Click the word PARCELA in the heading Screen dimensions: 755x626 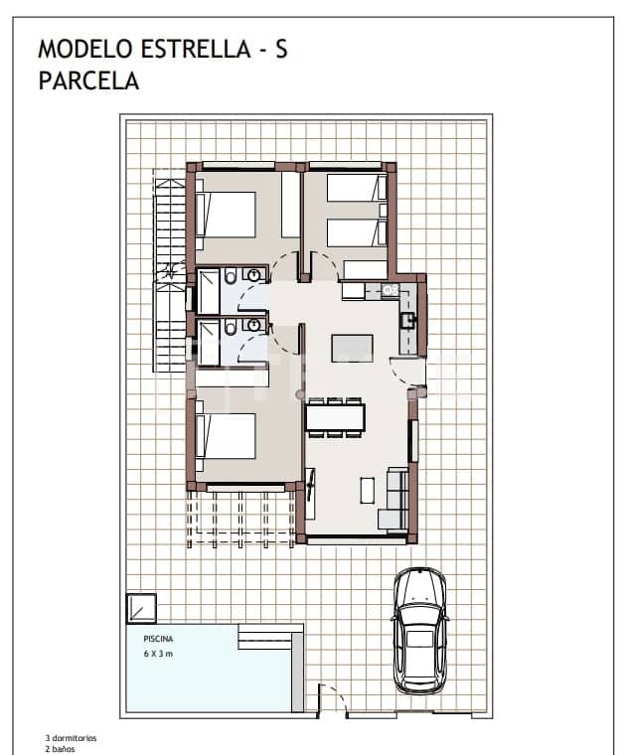pyautogui.click(x=88, y=81)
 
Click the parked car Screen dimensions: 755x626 pyautogui.click(x=419, y=631)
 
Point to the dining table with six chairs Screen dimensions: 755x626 pyautogui.click(x=335, y=416)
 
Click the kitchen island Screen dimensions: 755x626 pyautogui.click(x=352, y=348)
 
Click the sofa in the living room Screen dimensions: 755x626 pyautogui.click(x=395, y=498)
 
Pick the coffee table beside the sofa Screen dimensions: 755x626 pyautogui.click(x=367, y=491)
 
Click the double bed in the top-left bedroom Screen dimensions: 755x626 pyautogui.click(x=227, y=214)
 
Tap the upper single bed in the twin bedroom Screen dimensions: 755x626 pyautogui.click(x=356, y=187)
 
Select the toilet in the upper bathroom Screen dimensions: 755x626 pyautogui.click(x=230, y=275)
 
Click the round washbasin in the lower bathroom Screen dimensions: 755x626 pyautogui.click(x=254, y=324)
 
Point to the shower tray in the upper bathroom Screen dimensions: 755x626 pyautogui.click(x=210, y=291)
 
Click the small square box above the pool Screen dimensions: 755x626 pyautogui.click(x=141, y=607)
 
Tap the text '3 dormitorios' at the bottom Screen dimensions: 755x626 pyautogui.click(x=71, y=739)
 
